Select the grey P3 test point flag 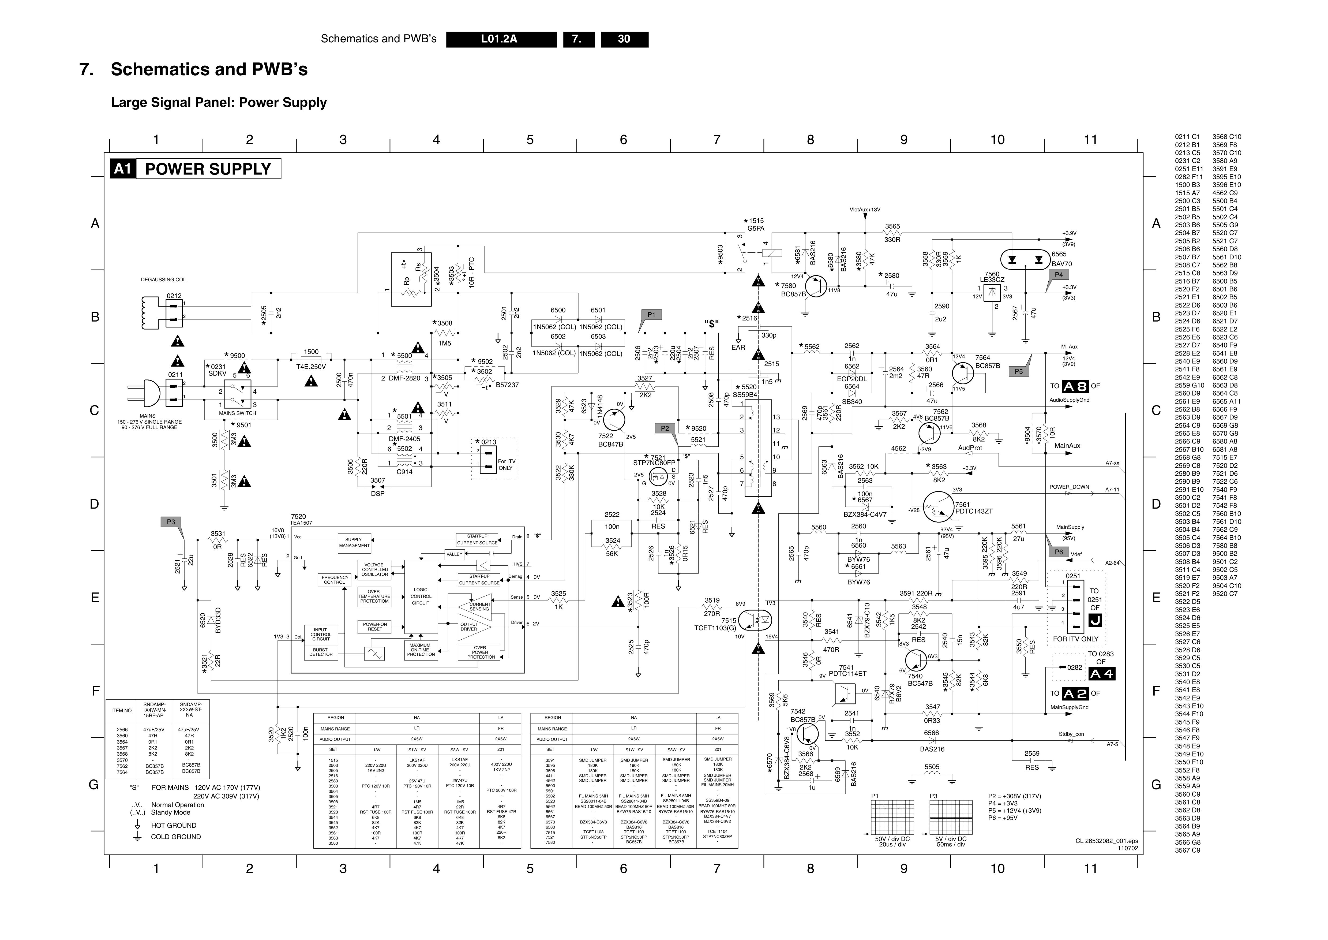coord(171,522)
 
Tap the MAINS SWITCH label coord(237,413)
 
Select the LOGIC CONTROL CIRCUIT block coord(421,596)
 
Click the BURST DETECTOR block coord(321,652)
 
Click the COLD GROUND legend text coord(176,837)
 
